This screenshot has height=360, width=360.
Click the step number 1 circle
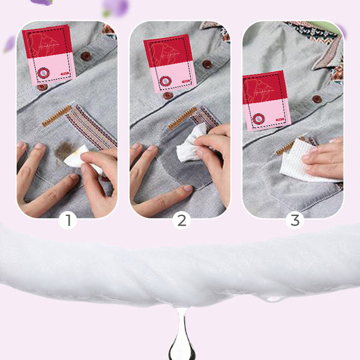point(67,220)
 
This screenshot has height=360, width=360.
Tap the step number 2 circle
point(181,220)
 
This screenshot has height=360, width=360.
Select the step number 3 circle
point(294,220)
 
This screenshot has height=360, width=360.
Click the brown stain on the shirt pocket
point(62,151)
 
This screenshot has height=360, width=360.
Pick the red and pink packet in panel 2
point(169,62)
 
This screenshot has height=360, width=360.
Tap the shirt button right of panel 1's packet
point(86,56)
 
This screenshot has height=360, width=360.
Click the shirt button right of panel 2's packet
point(207,64)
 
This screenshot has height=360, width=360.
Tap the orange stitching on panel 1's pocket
point(56,116)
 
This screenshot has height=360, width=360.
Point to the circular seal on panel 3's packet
point(259,118)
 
